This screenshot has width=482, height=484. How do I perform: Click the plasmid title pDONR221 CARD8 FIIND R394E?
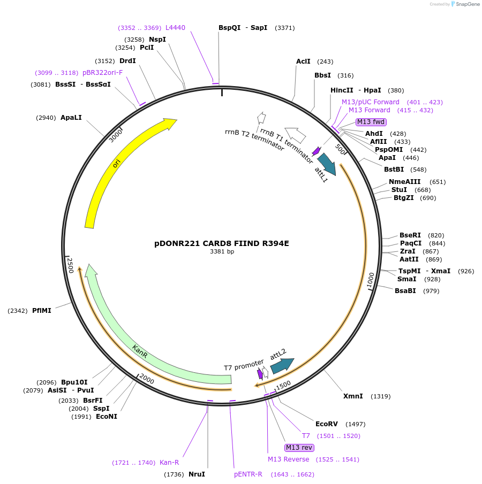[221, 243]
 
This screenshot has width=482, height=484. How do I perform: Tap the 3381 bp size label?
[221, 251]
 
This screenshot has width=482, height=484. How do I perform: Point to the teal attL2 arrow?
[282, 365]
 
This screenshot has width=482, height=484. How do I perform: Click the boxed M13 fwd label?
[371, 122]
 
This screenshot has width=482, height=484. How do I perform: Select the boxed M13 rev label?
[299, 448]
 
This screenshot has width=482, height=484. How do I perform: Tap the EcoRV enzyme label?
[327, 424]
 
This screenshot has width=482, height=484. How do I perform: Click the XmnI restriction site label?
[353, 396]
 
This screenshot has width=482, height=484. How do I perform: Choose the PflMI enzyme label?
[41, 310]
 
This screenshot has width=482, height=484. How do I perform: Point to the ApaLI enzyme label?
[71, 118]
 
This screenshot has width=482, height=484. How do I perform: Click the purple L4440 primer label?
[175, 28]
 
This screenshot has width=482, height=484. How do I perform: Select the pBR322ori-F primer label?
[102, 73]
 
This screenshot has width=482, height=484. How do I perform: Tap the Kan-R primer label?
[169, 463]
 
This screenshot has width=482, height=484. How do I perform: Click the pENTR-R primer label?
[248, 474]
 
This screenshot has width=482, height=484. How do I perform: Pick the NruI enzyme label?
[197, 474]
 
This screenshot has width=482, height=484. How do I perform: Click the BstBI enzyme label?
[394, 170]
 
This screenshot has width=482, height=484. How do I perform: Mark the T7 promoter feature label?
[244, 367]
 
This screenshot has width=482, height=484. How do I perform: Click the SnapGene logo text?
[467, 4]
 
